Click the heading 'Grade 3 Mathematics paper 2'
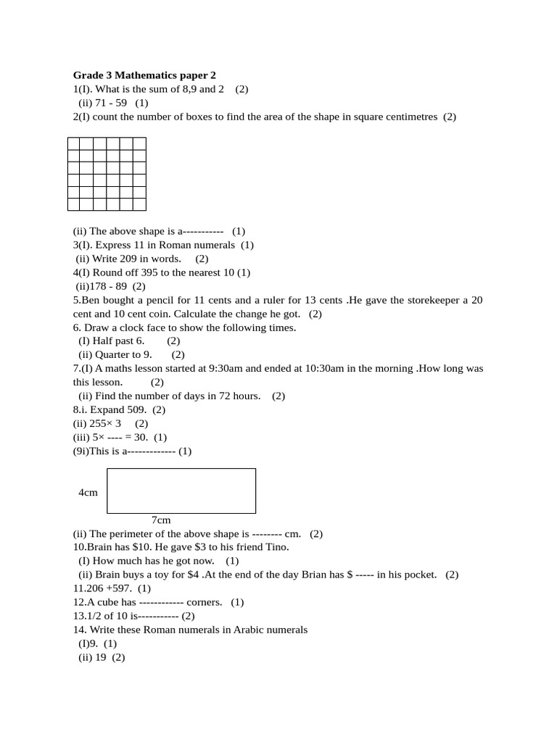(x=144, y=75)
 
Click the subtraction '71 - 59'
(x=111, y=103)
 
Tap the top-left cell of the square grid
(x=74, y=143)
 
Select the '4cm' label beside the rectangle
(x=88, y=493)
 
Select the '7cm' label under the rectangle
(x=161, y=520)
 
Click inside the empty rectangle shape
(x=181, y=491)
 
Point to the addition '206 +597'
(x=110, y=588)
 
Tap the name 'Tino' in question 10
(x=276, y=547)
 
